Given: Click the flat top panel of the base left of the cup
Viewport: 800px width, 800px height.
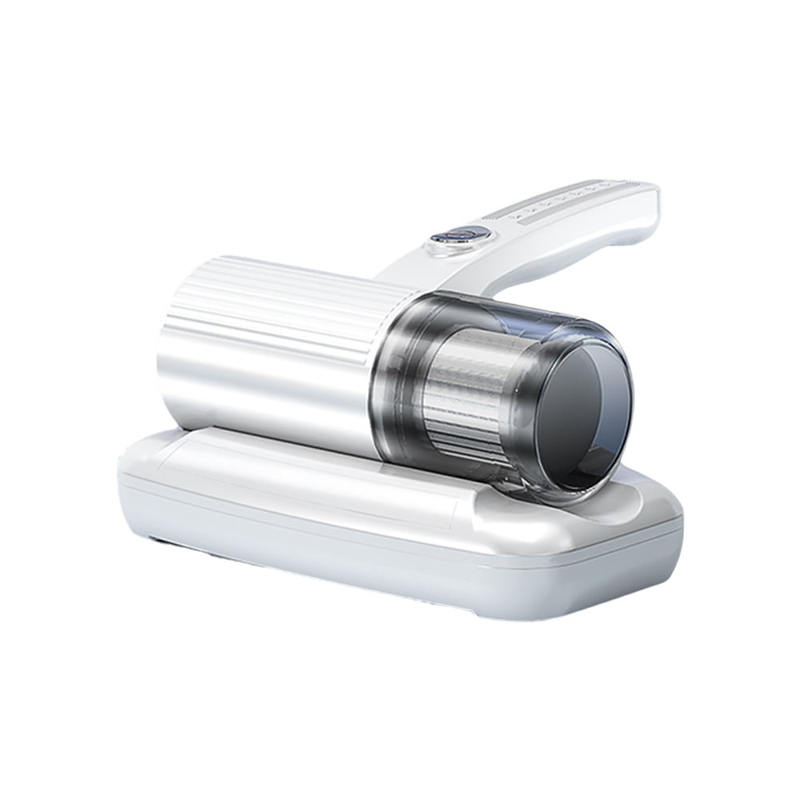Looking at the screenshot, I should pyautogui.click(x=264, y=464).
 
